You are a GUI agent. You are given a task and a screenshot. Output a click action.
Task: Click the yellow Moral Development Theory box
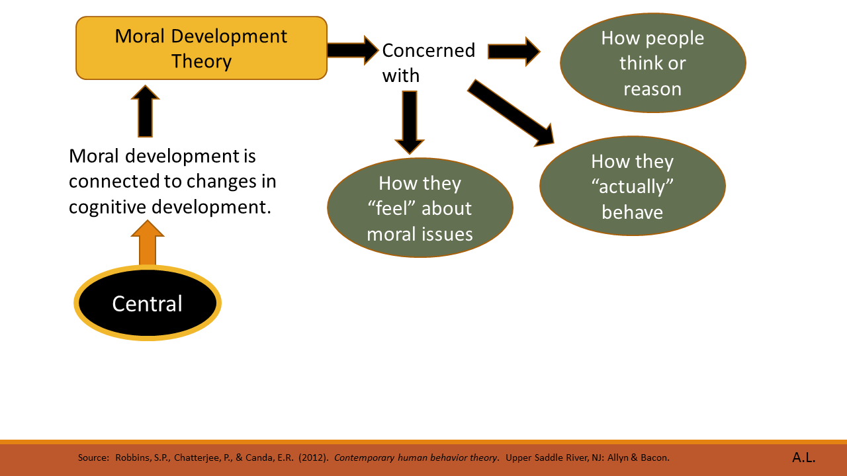click(x=201, y=48)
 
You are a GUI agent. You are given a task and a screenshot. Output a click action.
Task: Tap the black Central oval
click(x=147, y=303)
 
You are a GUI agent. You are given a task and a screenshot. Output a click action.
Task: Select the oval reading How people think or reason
click(x=652, y=63)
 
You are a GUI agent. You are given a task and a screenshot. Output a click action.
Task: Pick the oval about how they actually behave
click(x=632, y=186)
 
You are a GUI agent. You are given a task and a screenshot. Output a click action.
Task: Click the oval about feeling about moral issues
click(x=420, y=208)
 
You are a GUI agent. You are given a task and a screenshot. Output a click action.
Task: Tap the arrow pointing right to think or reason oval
click(x=513, y=51)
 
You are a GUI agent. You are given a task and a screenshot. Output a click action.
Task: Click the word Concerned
click(x=428, y=50)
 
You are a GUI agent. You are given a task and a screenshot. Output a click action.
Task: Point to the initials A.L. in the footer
click(x=803, y=457)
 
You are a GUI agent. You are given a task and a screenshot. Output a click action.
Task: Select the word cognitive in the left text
click(x=108, y=206)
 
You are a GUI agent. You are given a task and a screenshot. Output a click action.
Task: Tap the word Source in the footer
click(x=93, y=457)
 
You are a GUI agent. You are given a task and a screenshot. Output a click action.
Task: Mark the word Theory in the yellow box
click(x=201, y=61)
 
